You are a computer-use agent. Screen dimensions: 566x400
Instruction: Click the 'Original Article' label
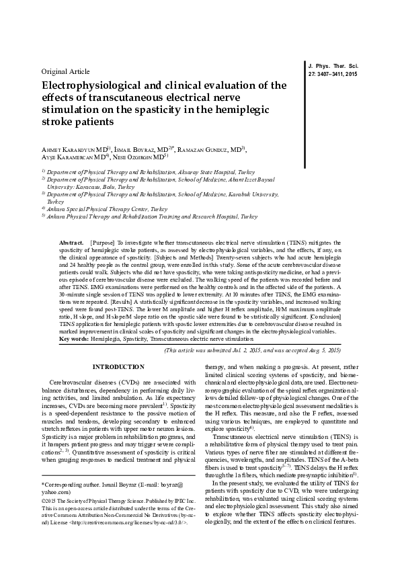pyautogui.click(x=65, y=71)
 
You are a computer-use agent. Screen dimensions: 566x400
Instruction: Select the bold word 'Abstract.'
pyautogui.click(x=71, y=241)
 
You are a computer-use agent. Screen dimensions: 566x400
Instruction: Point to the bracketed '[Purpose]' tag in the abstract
pyautogui.click(x=102, y=241)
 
